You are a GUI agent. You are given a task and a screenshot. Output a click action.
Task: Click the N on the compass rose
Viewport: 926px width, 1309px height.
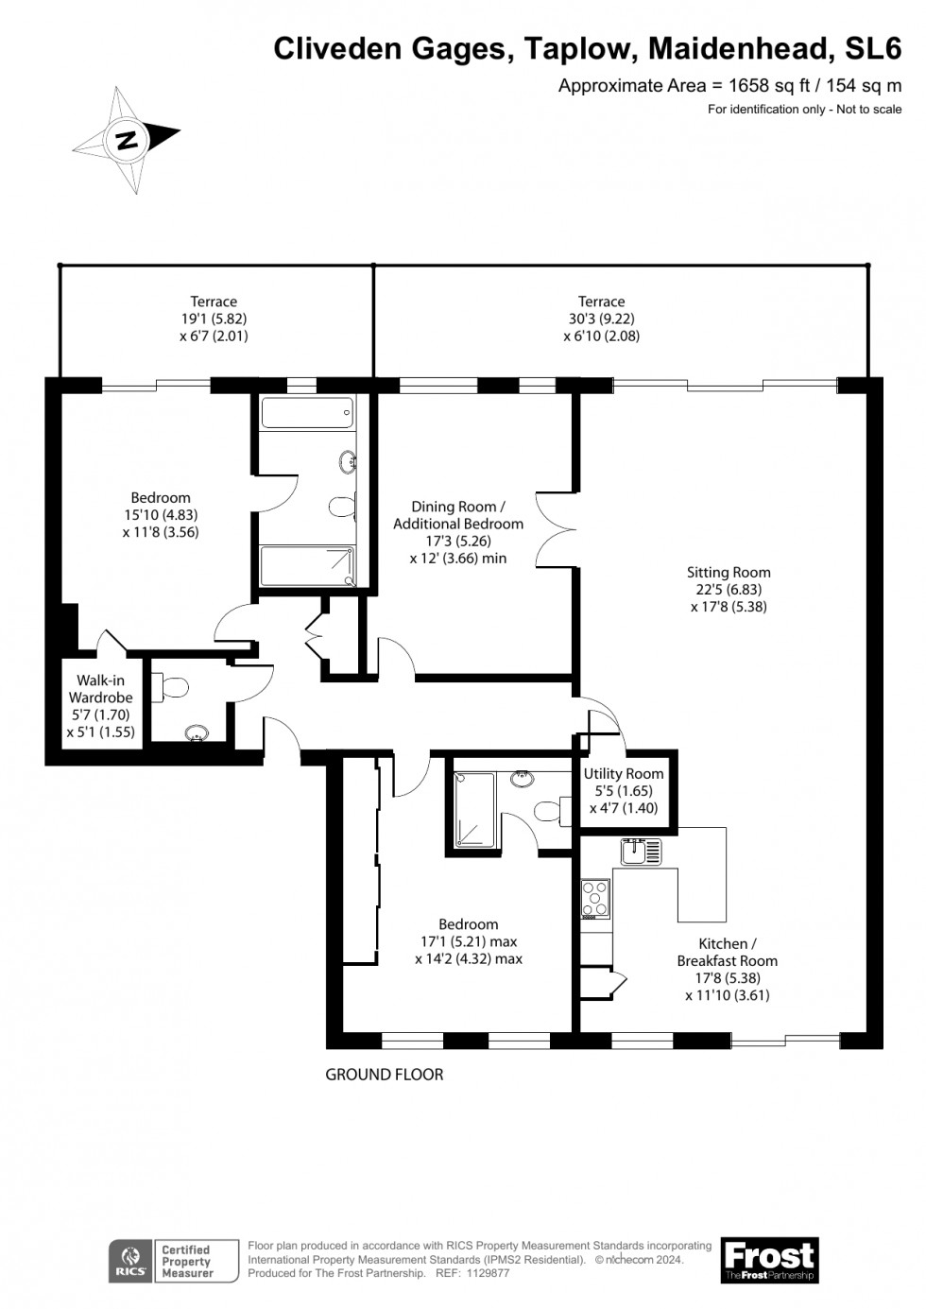[x=128, y=140]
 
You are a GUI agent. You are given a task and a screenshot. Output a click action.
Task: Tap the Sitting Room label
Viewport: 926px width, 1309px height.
[x=728, y=572]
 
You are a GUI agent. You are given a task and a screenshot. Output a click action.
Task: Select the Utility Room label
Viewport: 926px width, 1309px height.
[x=624, y=774]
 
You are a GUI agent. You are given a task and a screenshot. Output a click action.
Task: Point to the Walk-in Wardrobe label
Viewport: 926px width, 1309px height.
[x=100, y=689]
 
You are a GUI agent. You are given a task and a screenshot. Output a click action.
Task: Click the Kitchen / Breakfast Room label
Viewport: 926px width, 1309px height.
[x=728, y=952]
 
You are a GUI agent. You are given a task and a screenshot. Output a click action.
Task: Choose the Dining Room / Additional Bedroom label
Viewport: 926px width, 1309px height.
[x=458, y=515]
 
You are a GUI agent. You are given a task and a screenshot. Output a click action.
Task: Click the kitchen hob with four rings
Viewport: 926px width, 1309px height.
[x=595, y=899]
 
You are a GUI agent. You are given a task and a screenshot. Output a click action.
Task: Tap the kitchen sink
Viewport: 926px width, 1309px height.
[x=641, y=852]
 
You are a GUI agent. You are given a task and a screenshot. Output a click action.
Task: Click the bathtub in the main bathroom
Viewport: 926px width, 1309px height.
[x=307, y=413]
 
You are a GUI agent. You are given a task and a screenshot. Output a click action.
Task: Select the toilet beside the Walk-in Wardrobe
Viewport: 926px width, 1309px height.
[x=169, y=687]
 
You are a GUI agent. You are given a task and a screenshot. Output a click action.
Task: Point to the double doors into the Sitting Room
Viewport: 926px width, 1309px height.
[x=556, y=530]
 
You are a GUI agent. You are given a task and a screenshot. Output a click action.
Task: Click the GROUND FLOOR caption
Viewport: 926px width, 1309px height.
[x=384, y=1074]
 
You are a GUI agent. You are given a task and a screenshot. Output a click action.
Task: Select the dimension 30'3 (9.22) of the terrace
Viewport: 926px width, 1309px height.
[x=602, y=319]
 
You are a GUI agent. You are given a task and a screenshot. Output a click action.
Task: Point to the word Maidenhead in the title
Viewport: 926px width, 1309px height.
[x=739, y=48]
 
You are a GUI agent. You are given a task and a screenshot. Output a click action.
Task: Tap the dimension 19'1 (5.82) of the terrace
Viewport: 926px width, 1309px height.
[x=214, y=319]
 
